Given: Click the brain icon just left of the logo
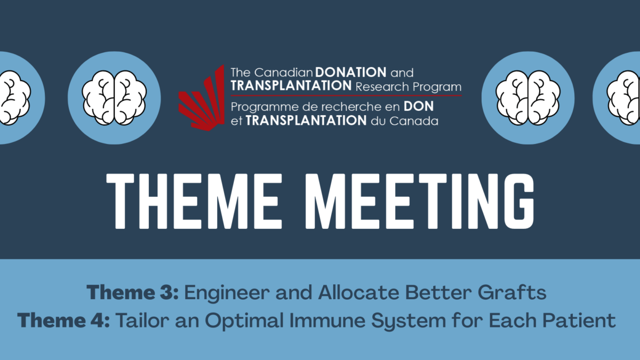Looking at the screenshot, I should tap(114, 98).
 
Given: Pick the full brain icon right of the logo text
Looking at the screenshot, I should tap(527, 98).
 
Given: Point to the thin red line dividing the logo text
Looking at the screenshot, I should tap(347, 95).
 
